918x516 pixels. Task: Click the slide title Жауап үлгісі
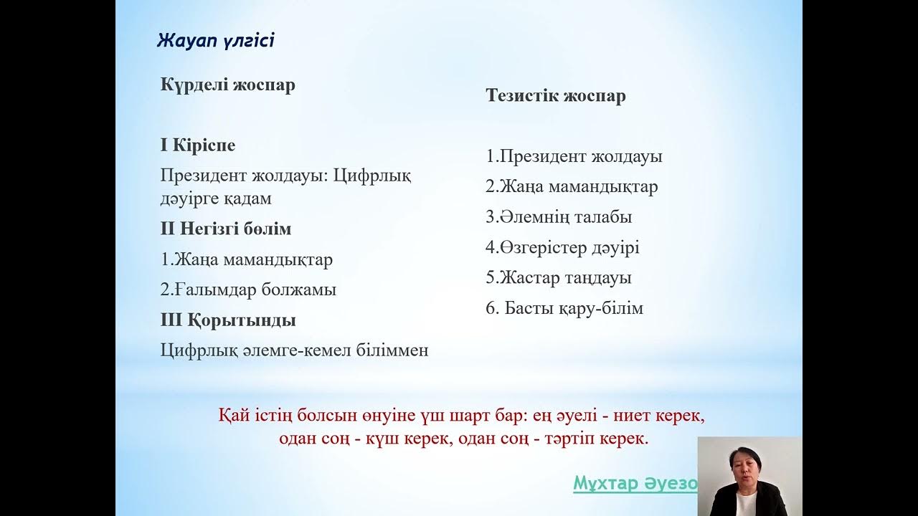point(215,40)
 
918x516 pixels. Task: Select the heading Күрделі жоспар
point(227,85)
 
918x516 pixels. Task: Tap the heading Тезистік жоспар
point(555,96)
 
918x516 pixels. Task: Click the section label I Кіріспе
point(197,145)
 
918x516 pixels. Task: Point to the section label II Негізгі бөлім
point(225,229)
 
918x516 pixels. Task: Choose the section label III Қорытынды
point(227,320)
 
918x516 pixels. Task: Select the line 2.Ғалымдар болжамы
point(248,290)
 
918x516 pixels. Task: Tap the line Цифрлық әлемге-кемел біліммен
point(294,350)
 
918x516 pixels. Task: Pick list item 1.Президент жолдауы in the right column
point(574,157)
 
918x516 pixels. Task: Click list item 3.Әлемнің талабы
point(559,217)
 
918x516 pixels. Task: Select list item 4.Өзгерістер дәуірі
point(562,248)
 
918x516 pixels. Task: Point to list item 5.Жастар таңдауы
point(558,278)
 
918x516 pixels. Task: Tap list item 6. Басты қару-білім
point(564,309)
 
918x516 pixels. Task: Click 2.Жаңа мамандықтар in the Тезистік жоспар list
point(572,187)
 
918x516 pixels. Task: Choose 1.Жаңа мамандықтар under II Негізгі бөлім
point(246,259)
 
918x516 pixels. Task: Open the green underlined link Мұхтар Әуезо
point(635,484)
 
